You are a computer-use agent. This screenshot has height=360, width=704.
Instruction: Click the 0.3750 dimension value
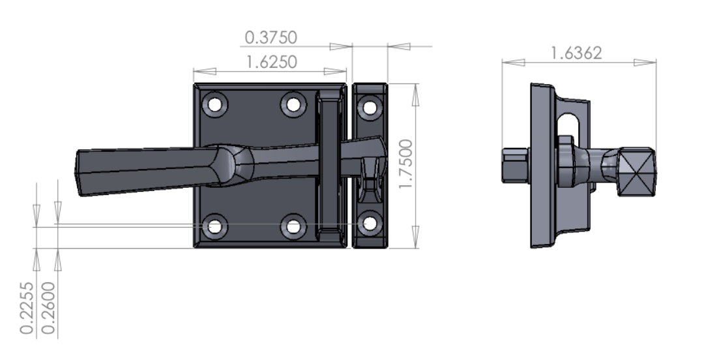click(271, 38)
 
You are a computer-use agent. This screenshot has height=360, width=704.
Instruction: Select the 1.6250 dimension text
click(271, 62)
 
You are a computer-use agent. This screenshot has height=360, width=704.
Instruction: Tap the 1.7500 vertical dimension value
click(406, 164)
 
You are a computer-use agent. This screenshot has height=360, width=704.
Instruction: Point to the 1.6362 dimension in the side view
click(576, 53)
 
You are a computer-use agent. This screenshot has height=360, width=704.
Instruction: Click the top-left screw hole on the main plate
click(214, 104)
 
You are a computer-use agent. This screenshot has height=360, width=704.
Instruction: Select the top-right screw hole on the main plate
click(293, 104)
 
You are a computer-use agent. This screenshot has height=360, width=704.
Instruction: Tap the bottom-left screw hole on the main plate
click(214, 226)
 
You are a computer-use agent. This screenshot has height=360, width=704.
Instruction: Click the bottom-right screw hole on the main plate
click(293, 226)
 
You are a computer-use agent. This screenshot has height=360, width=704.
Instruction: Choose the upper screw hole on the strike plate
click(370, 106)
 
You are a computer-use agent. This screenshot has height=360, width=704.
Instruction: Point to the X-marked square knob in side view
click(636, 172)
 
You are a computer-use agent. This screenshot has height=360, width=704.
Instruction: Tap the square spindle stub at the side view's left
click(515, 166)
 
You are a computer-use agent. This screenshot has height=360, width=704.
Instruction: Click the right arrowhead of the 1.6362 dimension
click(645, 63)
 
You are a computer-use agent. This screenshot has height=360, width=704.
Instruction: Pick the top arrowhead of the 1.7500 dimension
click(415, 94)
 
